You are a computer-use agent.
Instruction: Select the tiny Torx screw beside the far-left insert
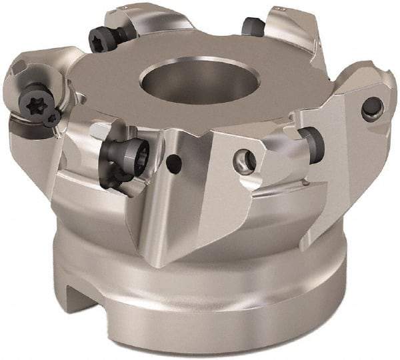53,119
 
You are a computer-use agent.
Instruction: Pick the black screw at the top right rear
251,26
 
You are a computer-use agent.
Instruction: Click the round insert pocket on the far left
27,93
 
